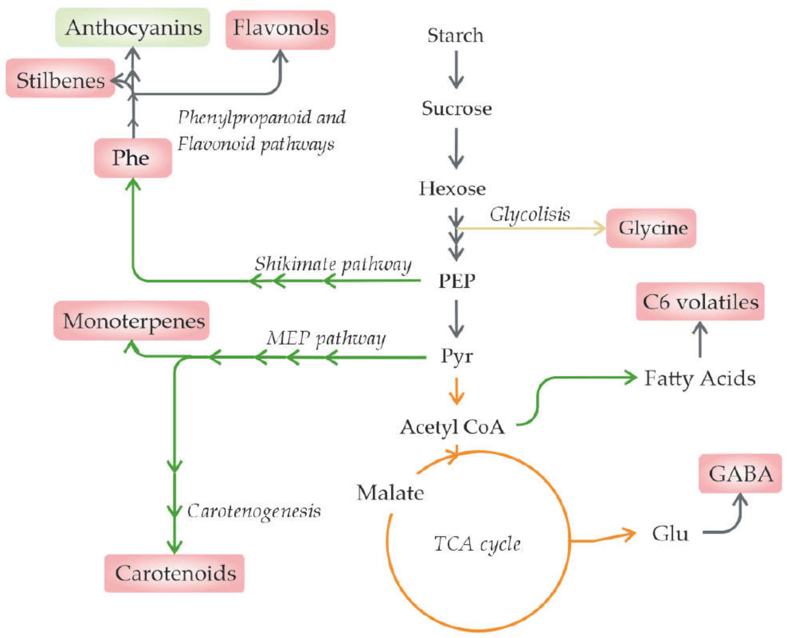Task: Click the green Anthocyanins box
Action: coord(133,27)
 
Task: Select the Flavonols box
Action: coord(280,29)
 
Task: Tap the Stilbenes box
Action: coord(60,78)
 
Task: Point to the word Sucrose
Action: coord(457,108)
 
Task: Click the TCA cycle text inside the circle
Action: coord(477,544)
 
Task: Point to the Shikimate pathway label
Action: coord(333,264)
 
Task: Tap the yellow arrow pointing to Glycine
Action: coord(530,228)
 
